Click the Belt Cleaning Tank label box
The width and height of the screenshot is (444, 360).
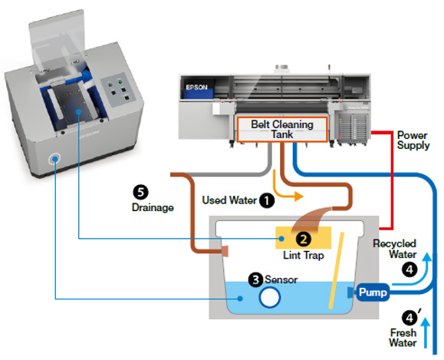[282, 129]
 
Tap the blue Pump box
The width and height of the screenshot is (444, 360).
[373, 292]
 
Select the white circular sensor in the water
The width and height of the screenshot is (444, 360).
[269, 297]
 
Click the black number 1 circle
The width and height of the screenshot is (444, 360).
[267, 200]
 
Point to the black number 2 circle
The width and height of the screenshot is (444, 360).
[303, 239]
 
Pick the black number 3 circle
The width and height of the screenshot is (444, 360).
[255, 280]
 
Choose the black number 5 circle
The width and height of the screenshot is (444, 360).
[141, 193]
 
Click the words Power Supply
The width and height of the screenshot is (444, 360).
[413, 140]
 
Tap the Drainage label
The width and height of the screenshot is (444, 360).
[153, 207]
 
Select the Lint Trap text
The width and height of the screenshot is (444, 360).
[303, 255]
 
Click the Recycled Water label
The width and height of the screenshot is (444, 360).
[395, 249]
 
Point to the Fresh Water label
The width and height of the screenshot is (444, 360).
[403, 338]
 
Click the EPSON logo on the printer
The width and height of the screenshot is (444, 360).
[196, 87]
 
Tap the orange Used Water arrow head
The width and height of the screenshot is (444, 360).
[299, 197]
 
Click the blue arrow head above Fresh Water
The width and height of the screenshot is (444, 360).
[426, 322]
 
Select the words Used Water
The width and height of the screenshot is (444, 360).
[229, 200]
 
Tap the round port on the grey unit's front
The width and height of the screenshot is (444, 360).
[54, 159]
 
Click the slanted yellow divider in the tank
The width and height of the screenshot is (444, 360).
[336, 270]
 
